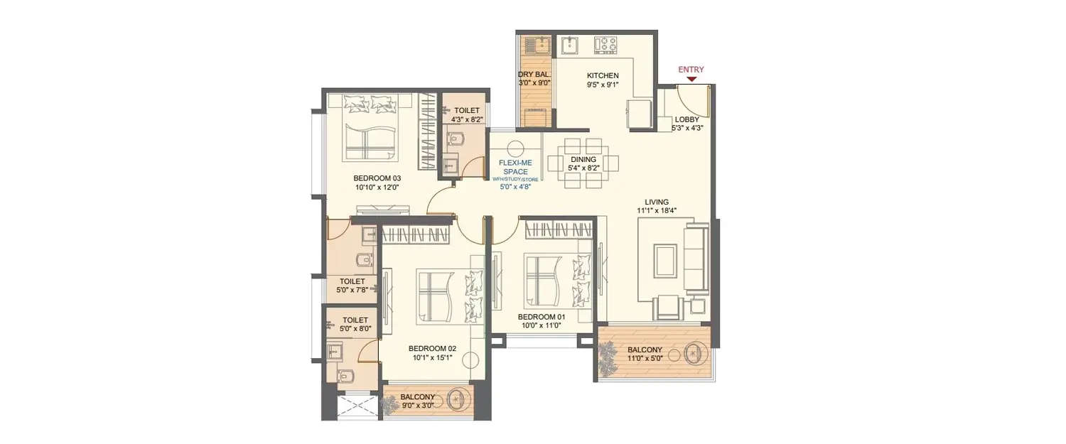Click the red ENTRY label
(691, 70)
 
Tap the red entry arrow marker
(691, 79)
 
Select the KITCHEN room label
(603, 75)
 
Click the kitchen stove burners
(606, 45)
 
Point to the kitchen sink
(569, 45)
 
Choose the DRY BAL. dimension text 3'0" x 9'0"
(534, 84)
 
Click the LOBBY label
(687, 119)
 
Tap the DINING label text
(583, 160)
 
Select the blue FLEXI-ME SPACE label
(516, 167)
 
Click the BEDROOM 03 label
(377, 178)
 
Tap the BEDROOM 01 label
(540, 317)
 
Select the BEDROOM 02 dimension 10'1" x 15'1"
(431, 357)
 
